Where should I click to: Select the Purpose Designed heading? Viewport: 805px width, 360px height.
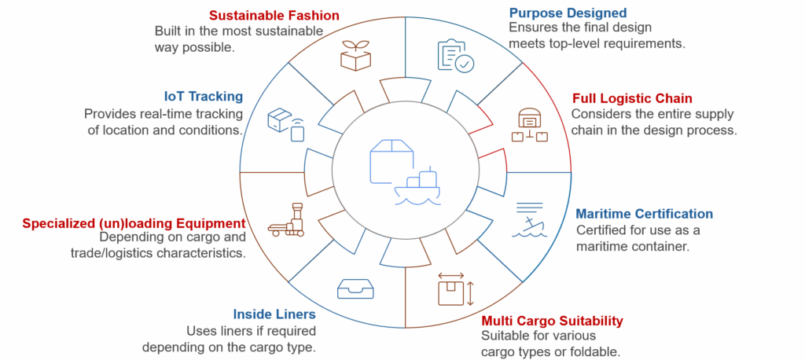click(568, 13)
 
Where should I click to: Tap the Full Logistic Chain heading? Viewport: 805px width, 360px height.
click(632, 98)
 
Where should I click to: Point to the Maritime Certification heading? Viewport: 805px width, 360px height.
click(645, 214)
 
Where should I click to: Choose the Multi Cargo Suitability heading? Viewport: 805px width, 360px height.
click(552, 321)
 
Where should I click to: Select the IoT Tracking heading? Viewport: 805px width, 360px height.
click(204, 96)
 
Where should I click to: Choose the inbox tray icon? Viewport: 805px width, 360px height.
click(355, 288)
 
